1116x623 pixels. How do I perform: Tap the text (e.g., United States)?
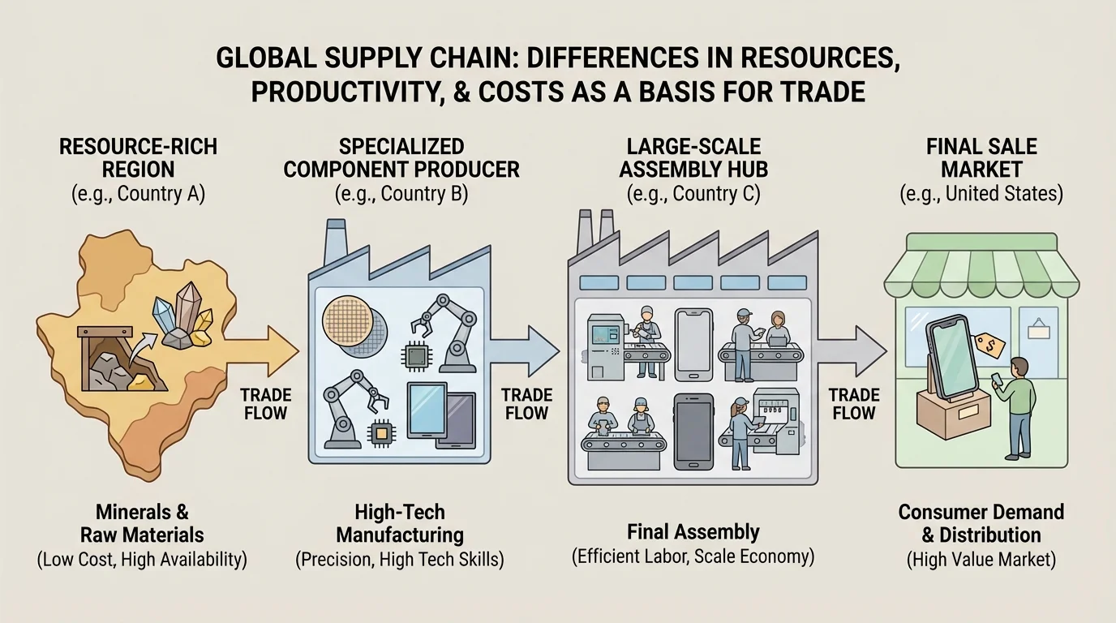click(981, 195)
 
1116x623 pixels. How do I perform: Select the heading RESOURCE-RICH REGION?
click(138, 158)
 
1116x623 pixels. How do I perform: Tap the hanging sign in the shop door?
click(1038, 329)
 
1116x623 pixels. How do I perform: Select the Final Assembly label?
click(693, 532)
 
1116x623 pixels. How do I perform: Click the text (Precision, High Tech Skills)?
click(400, 559)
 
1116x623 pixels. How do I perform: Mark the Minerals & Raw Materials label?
click(142, 523)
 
